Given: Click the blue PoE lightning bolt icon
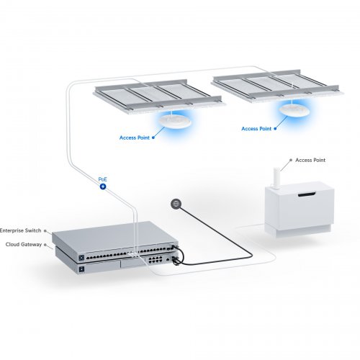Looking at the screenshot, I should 102,186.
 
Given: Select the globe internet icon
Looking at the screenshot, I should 174,204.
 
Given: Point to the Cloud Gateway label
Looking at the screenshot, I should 24,245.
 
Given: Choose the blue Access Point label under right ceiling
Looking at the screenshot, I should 257,128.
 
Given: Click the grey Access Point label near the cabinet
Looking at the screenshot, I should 310,161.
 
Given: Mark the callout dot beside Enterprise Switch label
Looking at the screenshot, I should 46,231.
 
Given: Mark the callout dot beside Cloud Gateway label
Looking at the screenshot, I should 46,246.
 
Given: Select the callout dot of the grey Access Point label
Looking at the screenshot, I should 290,161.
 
